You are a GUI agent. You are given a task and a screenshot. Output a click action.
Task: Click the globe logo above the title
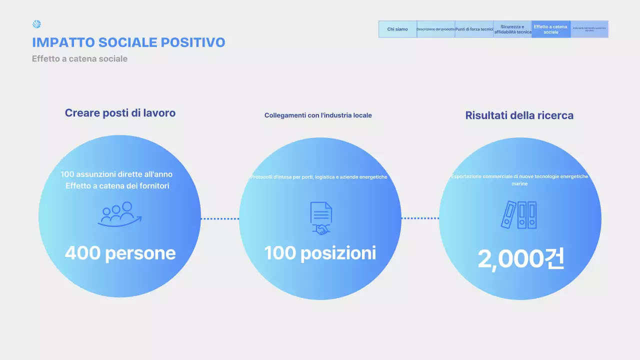pyautogui.click(x=36, y=24)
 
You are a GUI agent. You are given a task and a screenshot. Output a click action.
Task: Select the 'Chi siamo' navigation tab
pyautogui.click(x=397, y=29)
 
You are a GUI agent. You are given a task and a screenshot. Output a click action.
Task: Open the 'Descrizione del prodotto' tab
pyautogui.click(x=435, y=29)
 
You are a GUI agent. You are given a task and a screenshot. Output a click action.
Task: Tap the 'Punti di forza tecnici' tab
pyautogui.click(x=474, y=29)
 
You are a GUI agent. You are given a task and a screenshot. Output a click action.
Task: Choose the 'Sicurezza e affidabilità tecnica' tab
pyautogui.click(x=512, y=29)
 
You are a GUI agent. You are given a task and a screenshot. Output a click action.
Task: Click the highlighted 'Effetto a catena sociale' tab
pyautogui.click(x=550, y=29)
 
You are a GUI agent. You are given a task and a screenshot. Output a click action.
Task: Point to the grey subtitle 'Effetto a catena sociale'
pyautogui.click(x=79, y=59)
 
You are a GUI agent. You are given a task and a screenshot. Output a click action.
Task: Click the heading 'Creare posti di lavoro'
pyautogui.click(x=120, y=113)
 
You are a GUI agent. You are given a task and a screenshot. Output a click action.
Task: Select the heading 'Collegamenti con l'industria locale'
pyautogui.click(x=318, y=115)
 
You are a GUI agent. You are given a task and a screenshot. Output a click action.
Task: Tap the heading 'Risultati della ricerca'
pyautogui.click(x=519, y=115)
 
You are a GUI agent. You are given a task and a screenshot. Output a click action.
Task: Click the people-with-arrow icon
pyautogui.click(x=120, y=214)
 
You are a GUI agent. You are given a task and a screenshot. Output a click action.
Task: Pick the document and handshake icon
pyautogui.click(x=320, y=218)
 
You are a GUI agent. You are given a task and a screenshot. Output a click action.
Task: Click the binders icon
pyautogui.click(x=519, y=215)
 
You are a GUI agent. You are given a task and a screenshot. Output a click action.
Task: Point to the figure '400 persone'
pyautogui.click(x=120, y=253)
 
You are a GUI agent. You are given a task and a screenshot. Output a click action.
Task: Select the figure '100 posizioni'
pyautogui.click(x=320, y=253)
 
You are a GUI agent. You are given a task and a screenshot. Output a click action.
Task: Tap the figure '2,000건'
pyautogui.click(x=520, y=259)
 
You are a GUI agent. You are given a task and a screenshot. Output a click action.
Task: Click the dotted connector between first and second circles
pyautogui.click(x=220, y=218)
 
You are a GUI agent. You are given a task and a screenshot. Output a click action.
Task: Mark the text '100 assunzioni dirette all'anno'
pyautogui.click(x=116, y=174)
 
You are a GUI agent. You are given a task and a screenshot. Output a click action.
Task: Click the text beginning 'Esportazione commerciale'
pyautogui.click(x=519, y=176)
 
